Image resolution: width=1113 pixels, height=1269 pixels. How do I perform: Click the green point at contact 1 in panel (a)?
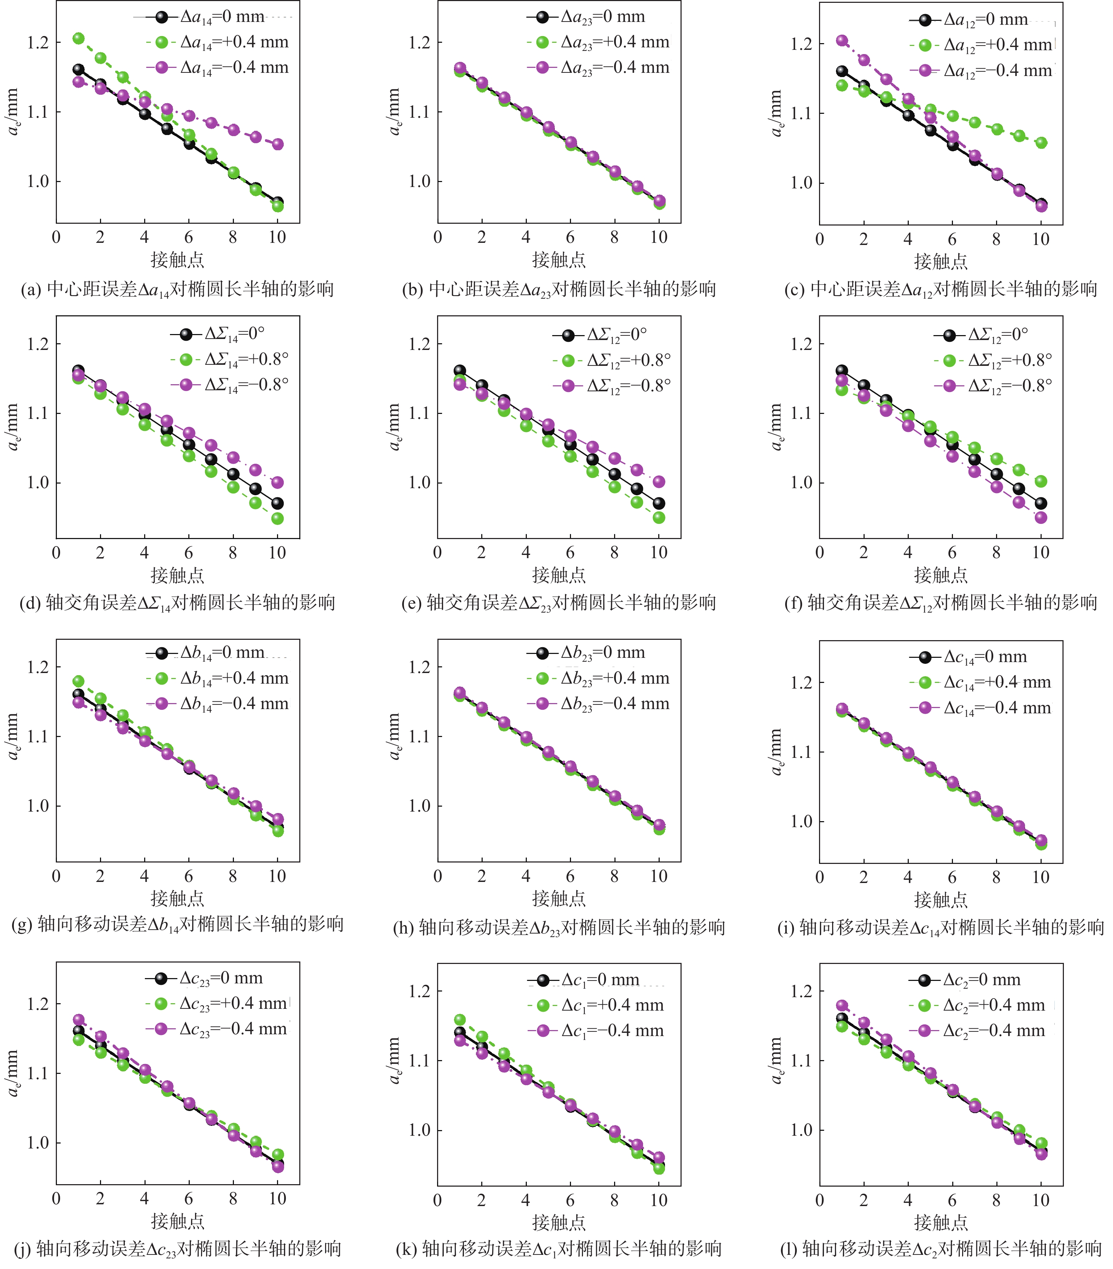pos(78,39)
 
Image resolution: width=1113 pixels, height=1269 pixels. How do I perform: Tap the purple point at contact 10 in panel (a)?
pos(278,144)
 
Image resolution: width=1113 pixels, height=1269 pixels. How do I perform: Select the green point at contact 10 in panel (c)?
pos(1042,143)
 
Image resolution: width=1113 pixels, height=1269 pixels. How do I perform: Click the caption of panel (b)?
pos(559,289)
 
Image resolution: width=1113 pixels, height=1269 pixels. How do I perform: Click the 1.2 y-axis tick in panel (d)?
pos(37,344)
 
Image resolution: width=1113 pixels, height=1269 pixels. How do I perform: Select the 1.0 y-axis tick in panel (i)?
pos(801,821)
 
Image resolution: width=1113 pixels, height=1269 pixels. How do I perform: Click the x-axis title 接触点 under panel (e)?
pos(559,575)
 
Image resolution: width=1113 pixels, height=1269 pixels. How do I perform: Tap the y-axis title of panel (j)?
pos(12,1074)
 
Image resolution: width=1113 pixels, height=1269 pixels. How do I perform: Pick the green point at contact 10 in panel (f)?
pos(1042,481)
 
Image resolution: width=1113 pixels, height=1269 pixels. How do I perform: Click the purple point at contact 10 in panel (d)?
pos(278,483)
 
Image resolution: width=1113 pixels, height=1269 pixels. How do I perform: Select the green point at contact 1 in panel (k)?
pos(460,1020)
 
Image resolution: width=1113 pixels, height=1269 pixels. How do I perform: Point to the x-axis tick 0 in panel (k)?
pos(438,1200)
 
